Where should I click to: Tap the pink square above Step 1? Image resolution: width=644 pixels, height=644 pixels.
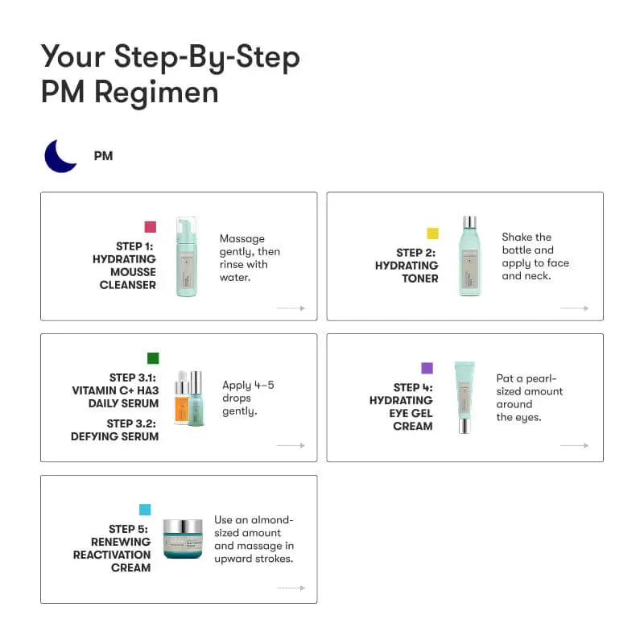150,227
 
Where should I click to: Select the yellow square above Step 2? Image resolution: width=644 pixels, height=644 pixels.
432,233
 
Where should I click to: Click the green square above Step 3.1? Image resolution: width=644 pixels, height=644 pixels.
153,358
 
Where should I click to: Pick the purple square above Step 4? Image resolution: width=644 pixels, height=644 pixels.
427,368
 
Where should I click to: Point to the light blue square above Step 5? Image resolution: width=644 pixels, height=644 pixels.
145,510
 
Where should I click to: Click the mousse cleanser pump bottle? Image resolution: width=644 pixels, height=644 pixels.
187,257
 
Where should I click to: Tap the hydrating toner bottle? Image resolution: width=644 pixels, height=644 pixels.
469,256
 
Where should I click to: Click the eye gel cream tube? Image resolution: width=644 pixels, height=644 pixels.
464,396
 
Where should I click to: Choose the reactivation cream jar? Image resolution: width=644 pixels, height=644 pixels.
183,539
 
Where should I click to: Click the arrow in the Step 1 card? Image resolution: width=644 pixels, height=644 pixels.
291,308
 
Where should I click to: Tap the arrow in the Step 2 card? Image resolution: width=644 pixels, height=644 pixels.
574,308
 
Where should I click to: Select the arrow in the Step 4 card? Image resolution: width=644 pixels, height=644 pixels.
574,445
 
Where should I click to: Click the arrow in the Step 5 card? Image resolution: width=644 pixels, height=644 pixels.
291,588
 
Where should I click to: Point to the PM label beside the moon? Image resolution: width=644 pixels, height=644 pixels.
103,155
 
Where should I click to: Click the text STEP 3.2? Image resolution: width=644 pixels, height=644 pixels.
133,423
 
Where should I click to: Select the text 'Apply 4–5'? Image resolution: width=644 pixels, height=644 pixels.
248,385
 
